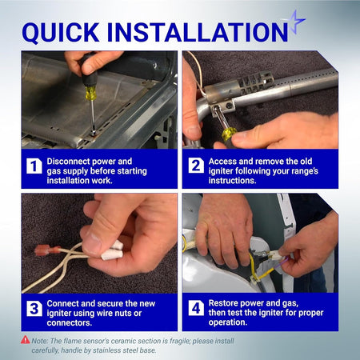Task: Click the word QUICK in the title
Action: click(61, 33)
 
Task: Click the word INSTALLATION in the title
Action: click(197, 32)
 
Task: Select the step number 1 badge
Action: click(34, 166)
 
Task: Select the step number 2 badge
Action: click(196, 166)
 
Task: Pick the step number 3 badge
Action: click(34, 309)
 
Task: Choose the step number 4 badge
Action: click(196, 308)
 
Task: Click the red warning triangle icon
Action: click(26, 340)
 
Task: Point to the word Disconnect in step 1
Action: click(68, 162)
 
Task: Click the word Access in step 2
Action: click(222, 162)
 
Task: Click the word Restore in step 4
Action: click(226, 303)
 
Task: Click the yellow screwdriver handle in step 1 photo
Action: click(90, 93)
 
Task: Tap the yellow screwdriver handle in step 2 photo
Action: click(229, 134)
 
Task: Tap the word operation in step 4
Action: click(228, 322)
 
